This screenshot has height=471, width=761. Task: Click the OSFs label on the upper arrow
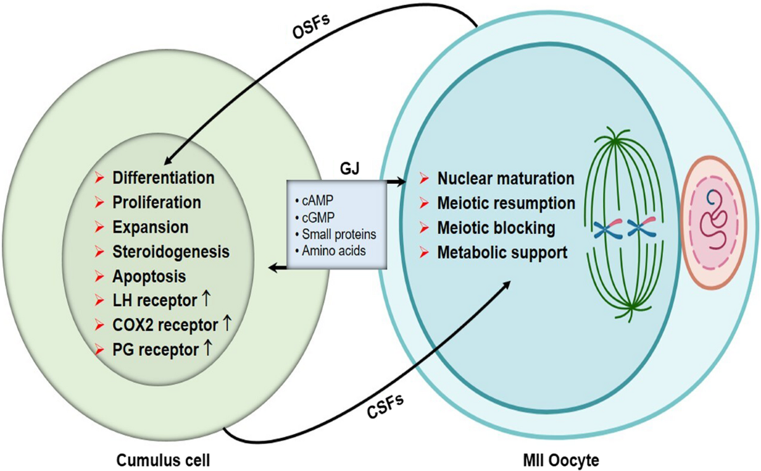[x=311, y=27]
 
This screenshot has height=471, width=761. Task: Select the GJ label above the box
[x=349, y=169]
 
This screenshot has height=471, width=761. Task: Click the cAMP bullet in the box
[x=315, y=200]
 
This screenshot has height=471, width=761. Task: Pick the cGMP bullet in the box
[x=315, y=217]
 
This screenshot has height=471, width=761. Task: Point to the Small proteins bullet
[x=336, y=235]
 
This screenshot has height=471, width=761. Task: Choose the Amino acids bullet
[x=331, y=251]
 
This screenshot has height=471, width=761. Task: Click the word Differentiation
[x=164, y=178]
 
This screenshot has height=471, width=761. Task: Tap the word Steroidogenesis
[x=171, y=252]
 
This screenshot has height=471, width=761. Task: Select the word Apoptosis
[x=149, y=276]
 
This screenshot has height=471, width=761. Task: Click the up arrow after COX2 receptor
[x=226, y=323]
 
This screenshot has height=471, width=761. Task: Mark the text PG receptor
[x=155, y=350]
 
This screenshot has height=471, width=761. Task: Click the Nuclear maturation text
[x=506, y=179]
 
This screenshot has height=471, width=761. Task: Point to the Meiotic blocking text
[x=496, y=228]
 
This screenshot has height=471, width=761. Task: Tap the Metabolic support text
[x=502, y=253]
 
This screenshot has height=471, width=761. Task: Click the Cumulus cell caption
[x=163, y=460]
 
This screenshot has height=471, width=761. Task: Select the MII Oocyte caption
[x=561, y=460]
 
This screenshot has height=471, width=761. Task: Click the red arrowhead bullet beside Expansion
[x=99, y=227]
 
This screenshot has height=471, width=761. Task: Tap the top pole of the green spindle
[x=615, y=141]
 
